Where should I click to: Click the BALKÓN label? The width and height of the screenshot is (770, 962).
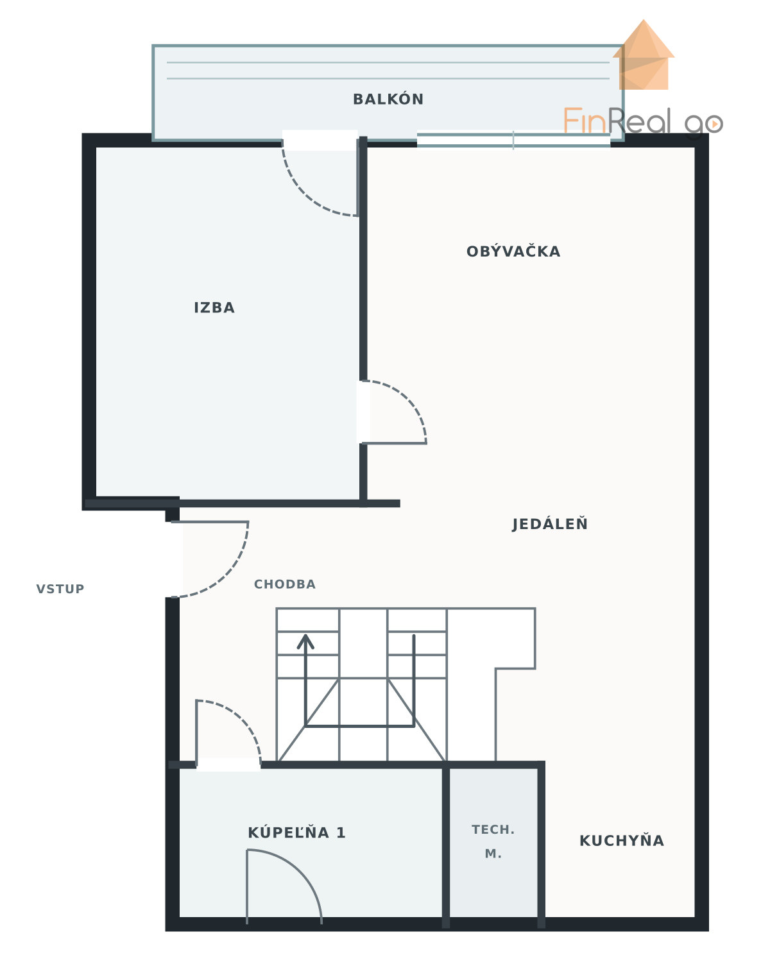point(388,99)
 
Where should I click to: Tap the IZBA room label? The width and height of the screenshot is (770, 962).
point(214,308)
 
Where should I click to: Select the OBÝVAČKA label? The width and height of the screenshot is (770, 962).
point(513,251)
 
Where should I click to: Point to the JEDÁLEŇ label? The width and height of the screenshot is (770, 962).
point(550,523)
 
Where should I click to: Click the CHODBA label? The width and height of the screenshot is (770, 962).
point(285,584)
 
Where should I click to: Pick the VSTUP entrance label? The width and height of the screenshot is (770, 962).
point(60,589)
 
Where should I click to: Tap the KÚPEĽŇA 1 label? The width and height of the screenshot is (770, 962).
point(296,832)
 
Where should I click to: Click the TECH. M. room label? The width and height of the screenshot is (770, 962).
point(493,841)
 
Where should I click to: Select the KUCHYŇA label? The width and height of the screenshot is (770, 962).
point(622,840)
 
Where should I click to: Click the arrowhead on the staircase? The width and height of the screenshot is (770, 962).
point(305,641)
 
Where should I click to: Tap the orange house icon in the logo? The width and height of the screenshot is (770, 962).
point(644,55)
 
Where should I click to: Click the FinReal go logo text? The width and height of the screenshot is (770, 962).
point(643,121)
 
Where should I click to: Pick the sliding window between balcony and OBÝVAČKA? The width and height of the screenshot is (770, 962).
point(513,139)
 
